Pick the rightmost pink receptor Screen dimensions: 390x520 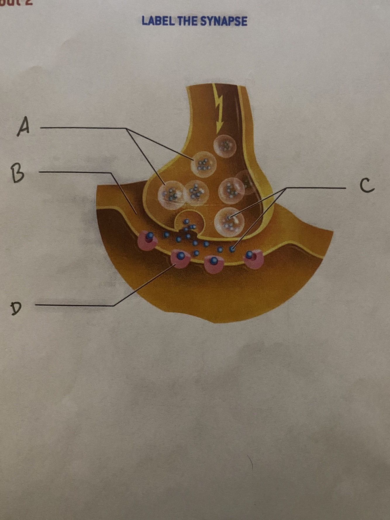(x=253, y=258)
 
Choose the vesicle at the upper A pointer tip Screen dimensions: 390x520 (x=203, y=165)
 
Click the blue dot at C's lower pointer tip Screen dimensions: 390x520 (x=232, y=249)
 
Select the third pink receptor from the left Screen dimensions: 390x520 (x=214, y=264)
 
